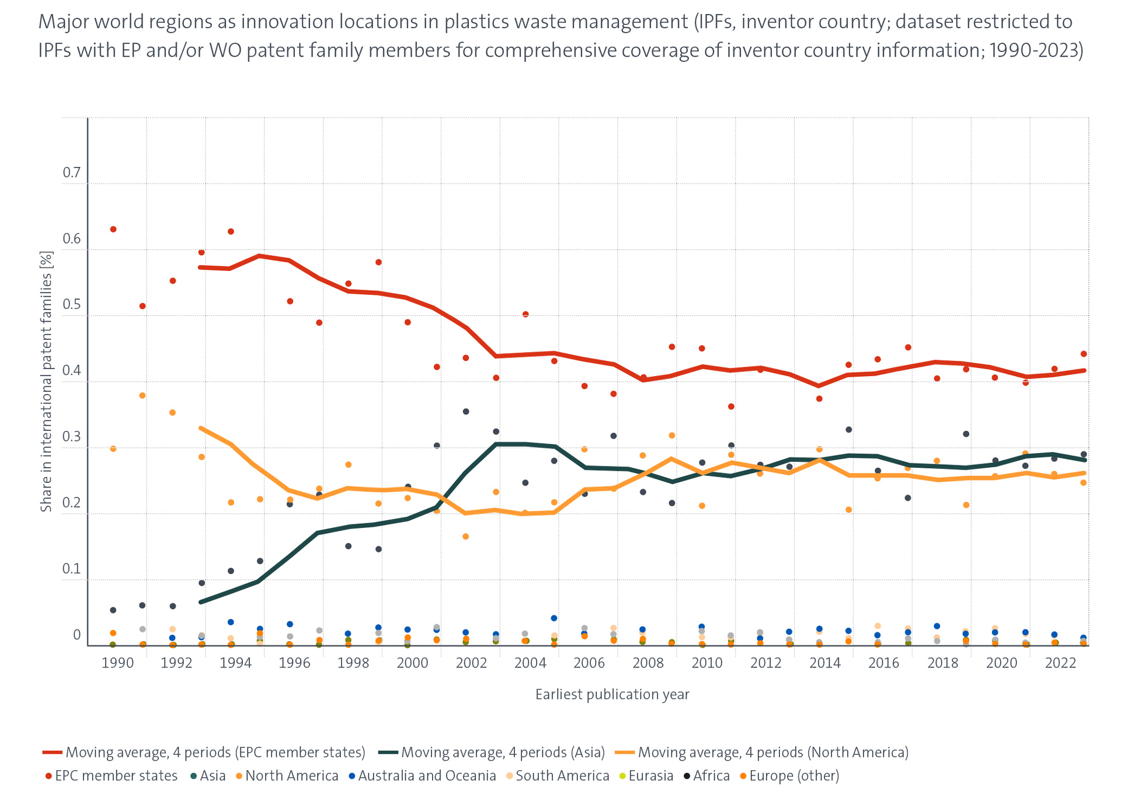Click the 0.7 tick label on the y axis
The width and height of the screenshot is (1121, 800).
coord(72,172)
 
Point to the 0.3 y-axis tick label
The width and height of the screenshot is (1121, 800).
coord(72,436)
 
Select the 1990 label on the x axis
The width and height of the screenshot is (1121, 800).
coord(117,663)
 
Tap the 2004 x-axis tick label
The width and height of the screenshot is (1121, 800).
coord(530,663)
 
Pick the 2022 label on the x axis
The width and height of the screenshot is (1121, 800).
coord(1060,663)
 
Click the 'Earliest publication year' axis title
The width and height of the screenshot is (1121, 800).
coord(612,694)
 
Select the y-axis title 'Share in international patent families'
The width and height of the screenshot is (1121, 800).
coord(46,381)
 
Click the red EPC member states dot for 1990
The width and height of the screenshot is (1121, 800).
coord(113,229)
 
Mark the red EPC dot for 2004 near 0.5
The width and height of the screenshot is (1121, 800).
coord(525,314)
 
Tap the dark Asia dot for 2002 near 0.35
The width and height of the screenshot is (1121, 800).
coord(466,412)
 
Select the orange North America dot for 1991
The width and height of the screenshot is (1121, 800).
coord(142,396)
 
